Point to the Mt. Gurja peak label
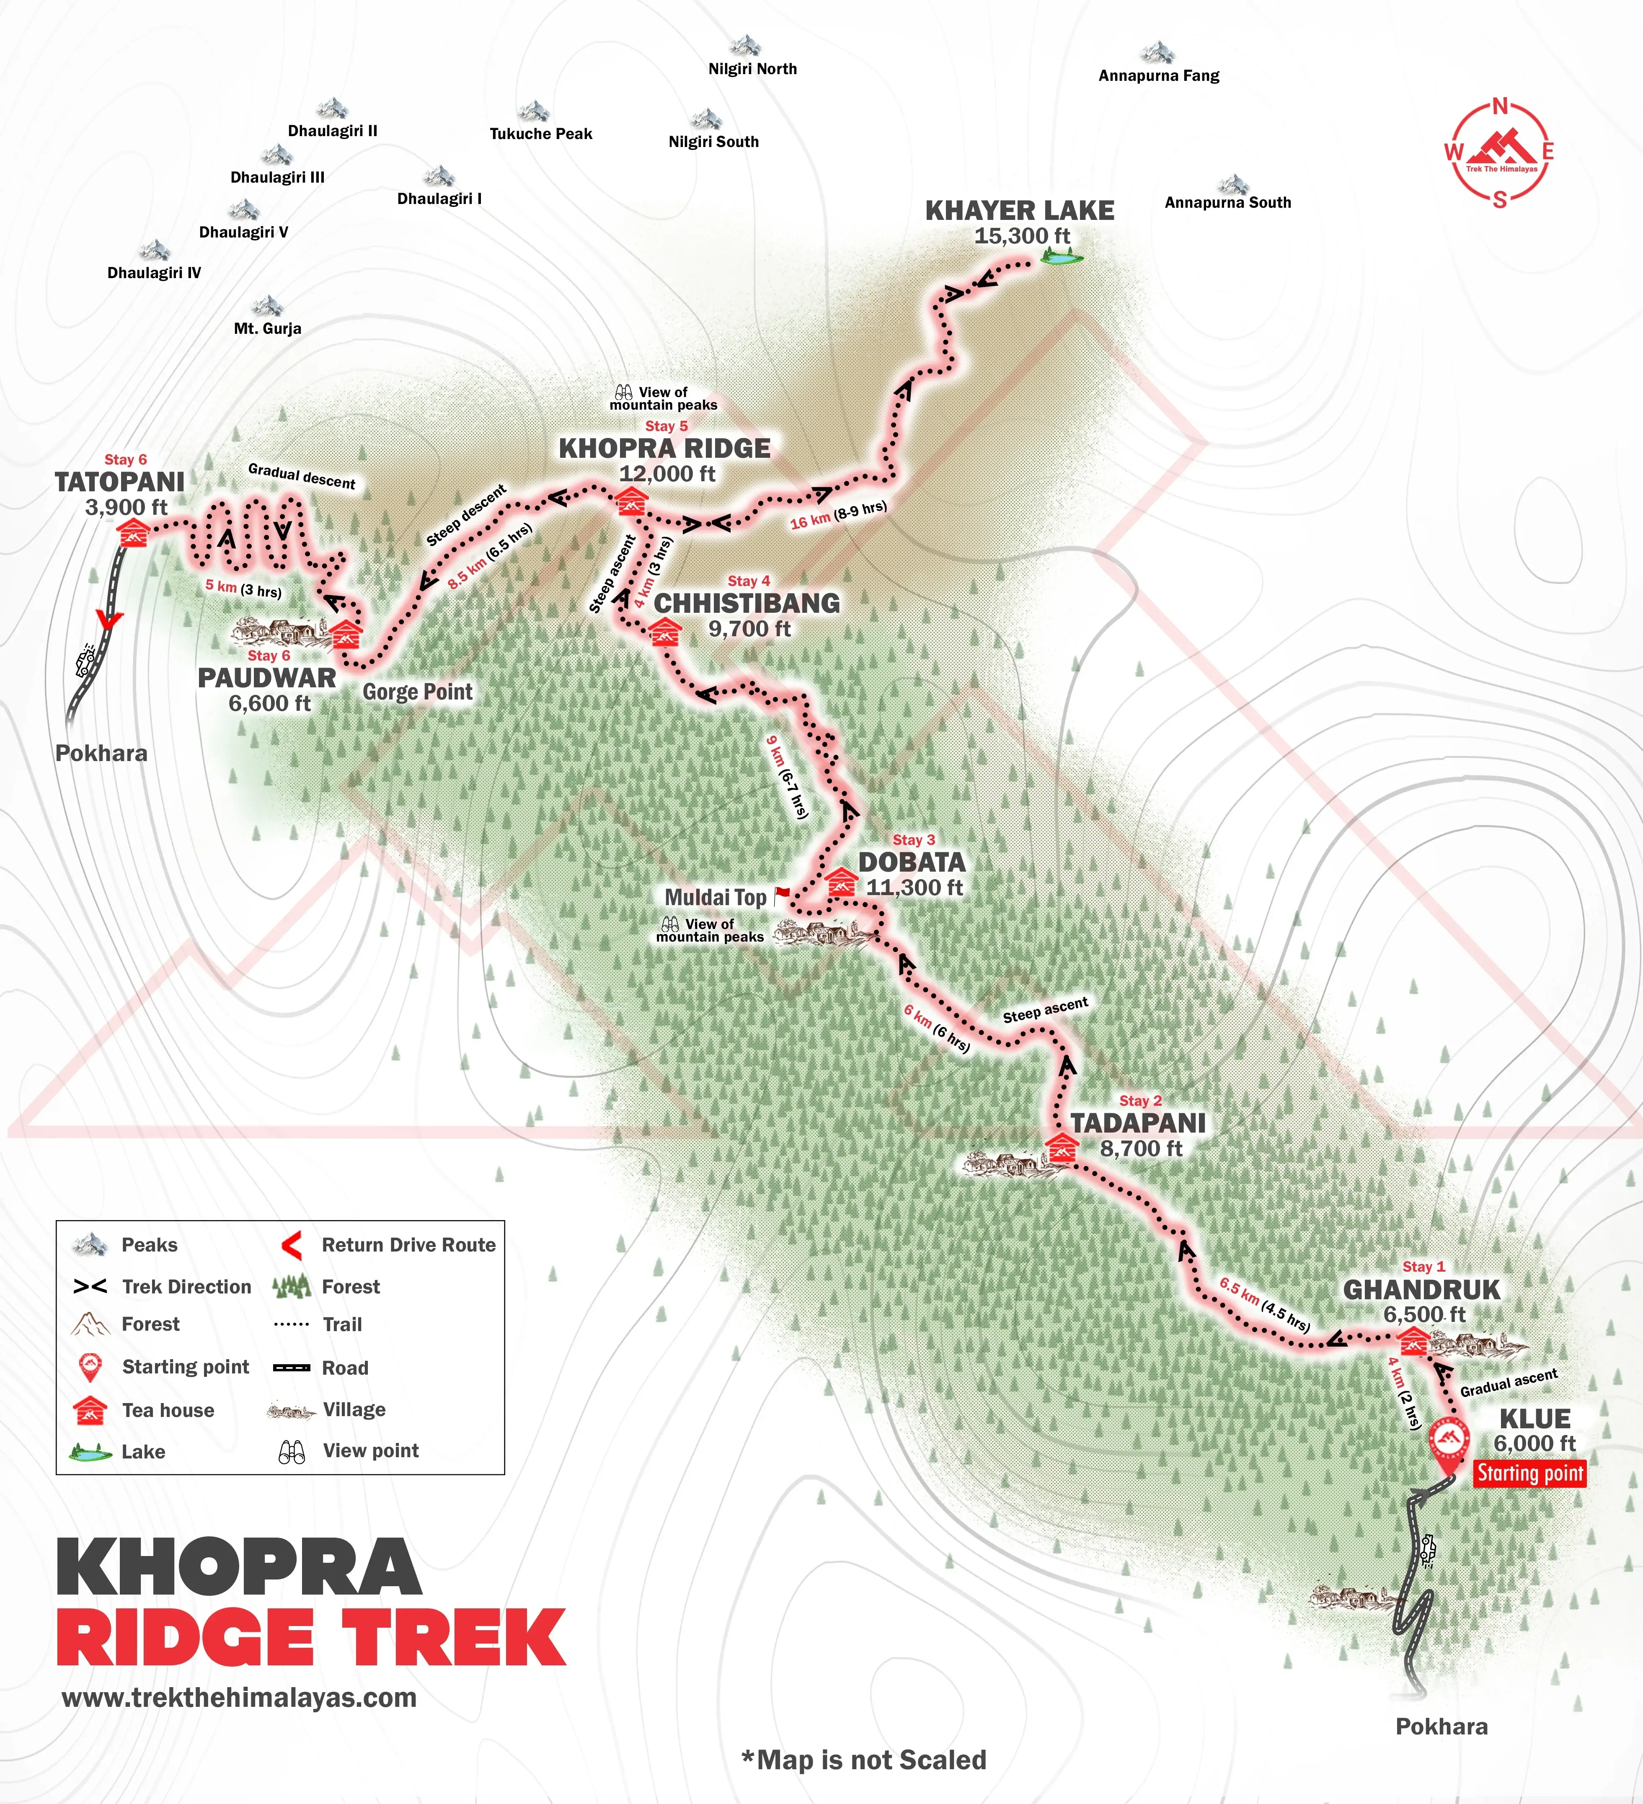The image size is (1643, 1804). coord(268,328)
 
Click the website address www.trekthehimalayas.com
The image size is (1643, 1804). coord(239,1698)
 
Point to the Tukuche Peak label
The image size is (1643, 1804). coord(540,133)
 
